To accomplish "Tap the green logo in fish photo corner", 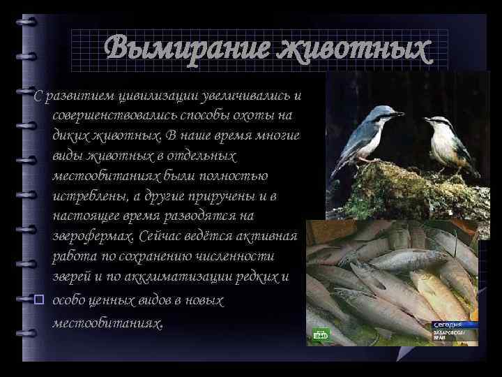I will click(321, 337).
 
